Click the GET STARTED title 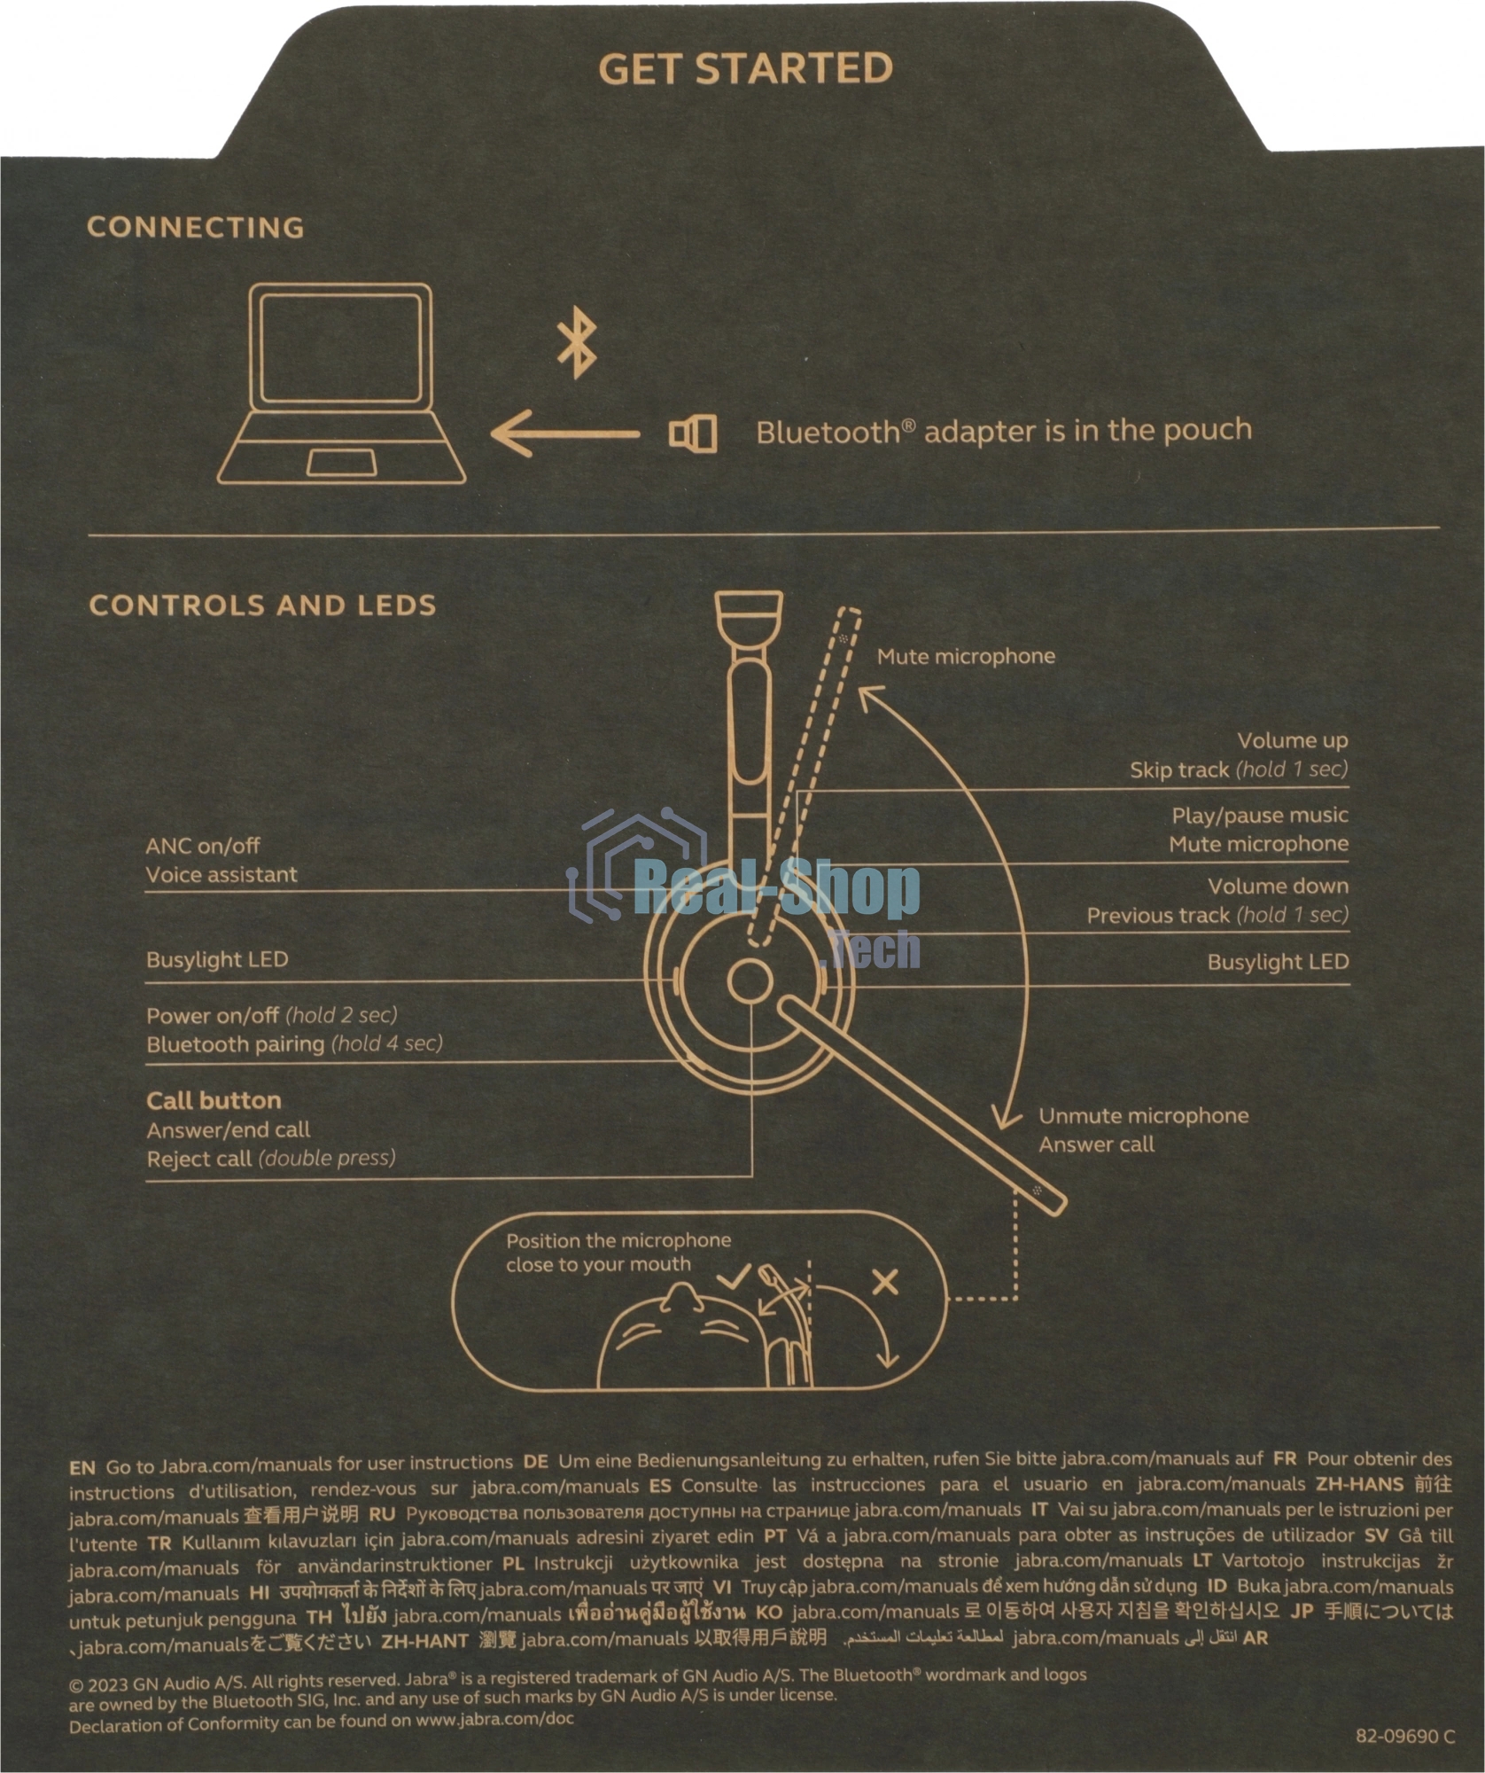745,69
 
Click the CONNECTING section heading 196,228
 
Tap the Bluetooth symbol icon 577,342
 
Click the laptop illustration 341,384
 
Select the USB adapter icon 693,434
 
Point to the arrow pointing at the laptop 565,434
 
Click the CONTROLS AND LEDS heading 263,605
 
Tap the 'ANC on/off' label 203,846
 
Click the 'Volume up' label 1293,741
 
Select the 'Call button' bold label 214,1101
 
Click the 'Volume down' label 1279,886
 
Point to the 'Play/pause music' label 1260,816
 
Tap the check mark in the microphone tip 735,1277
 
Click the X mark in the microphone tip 885,1282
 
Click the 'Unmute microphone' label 1144,1116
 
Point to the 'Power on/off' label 213,1016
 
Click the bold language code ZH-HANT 424,1641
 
